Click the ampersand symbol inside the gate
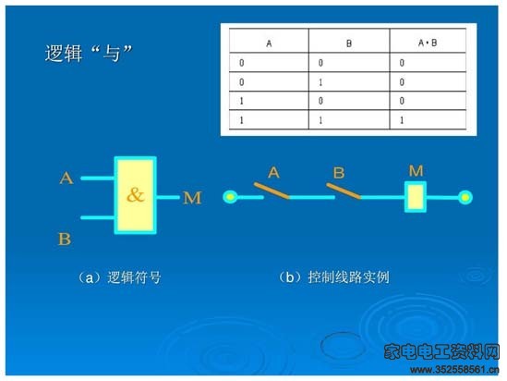(135, 194)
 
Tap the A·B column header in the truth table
(428, 43)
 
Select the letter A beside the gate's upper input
(66, 178)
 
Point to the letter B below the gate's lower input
(65, 239)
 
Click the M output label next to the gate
(192, 198)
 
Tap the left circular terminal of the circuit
(230, 197)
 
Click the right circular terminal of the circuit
(465, 197)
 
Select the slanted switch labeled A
(272, 190)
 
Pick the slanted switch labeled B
(344, 190)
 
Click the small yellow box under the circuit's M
(416, 197)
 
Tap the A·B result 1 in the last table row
(402, 120)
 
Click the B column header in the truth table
(349, 43)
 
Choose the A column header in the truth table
(269, 43)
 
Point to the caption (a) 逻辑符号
(119, 277)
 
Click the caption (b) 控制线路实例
(333, 277)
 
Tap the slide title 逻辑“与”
(89, 53)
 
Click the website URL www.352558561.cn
(454, 369)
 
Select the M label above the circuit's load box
(416, 171)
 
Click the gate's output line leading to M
(168, 197)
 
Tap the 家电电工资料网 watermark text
(441, 351)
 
